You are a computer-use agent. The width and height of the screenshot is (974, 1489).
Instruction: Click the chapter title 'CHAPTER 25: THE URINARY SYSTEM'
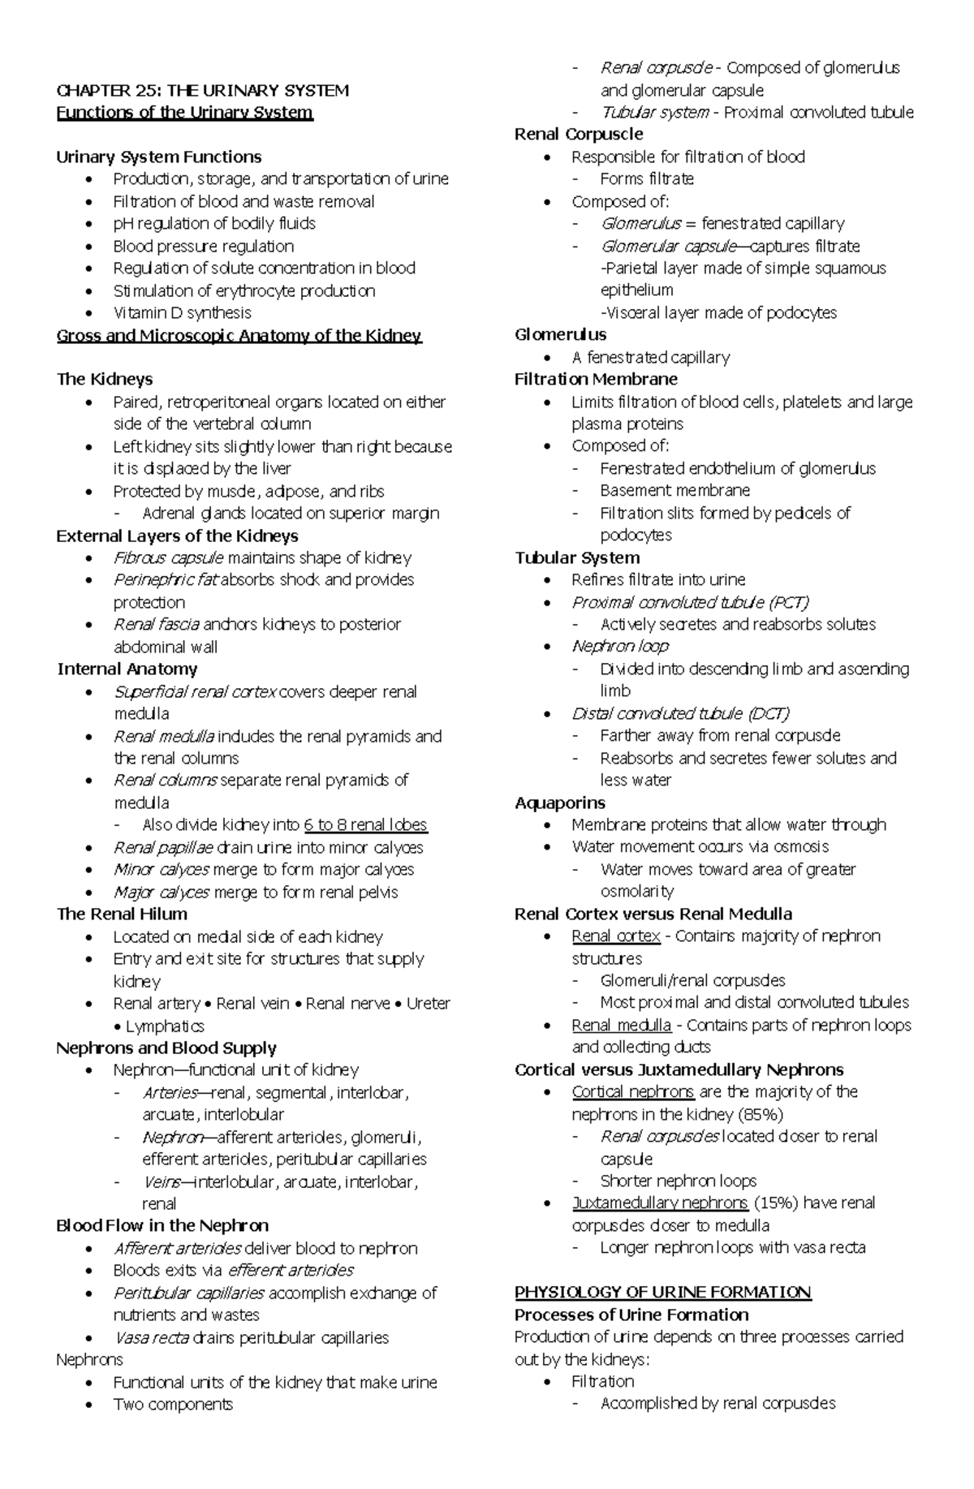point(202,90)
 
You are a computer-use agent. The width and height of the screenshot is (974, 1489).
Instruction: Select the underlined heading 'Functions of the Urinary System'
point(184,112)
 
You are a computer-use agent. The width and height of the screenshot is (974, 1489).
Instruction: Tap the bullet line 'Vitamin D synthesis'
point(182,312)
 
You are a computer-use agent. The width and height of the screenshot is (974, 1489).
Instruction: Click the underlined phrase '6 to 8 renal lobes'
point(365,824)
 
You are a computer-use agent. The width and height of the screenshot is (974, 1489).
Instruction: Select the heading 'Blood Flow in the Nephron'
point(162,1225)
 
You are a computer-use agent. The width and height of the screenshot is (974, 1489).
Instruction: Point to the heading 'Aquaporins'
point(560,803)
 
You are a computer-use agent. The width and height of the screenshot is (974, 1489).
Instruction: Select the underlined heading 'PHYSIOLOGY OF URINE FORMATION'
point(663,1292)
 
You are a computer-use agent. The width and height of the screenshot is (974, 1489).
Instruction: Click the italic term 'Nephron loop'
point(620,646)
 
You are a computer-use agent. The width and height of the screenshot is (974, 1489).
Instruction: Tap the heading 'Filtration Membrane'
point(596,379)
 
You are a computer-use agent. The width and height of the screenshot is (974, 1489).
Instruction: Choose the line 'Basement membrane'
point(674,490)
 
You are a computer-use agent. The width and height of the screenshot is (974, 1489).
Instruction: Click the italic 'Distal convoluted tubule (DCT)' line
point(680,713)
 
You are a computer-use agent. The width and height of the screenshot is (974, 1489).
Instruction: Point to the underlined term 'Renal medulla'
point(621,1025)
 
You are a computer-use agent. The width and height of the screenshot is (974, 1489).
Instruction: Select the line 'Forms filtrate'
point(647,179)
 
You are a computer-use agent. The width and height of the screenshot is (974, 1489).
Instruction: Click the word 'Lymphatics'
point(165,1026)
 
